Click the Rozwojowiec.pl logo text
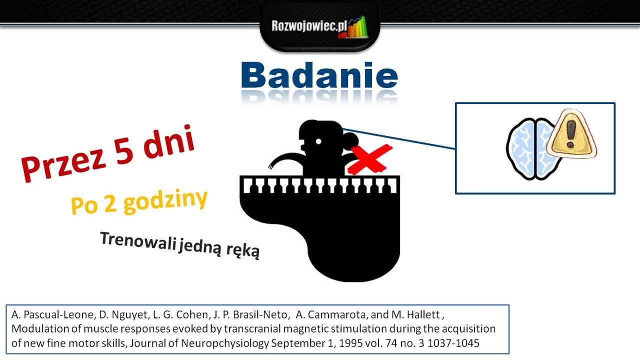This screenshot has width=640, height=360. point(309,25)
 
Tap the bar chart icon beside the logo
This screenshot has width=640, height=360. point(356,28)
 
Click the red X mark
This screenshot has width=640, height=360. point(370,158)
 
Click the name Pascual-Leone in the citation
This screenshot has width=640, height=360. point(53,315)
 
